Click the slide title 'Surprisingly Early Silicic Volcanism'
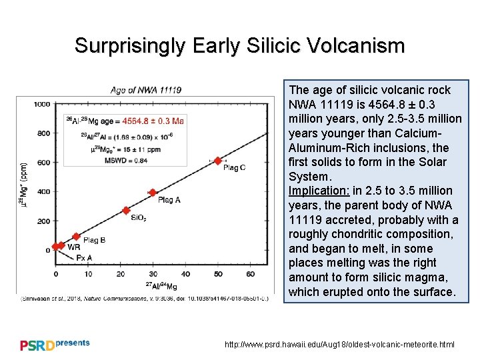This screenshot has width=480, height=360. pos(239,45)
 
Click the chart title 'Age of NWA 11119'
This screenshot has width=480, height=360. pos(145,90)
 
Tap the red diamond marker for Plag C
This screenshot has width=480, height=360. pos(218,161)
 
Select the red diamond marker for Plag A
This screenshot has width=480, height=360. pos(153,193)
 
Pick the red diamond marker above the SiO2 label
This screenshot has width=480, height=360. pos(126,210)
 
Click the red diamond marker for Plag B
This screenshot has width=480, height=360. pos(76,237)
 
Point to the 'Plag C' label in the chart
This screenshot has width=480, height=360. pos(234,168)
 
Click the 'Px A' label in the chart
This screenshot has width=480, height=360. pos(84,257)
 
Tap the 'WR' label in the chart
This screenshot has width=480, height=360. pos(74,247)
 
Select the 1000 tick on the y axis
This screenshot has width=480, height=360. pos(42,104)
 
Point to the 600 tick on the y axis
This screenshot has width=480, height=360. pos(44,162)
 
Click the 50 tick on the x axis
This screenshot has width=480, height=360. pos(218,274)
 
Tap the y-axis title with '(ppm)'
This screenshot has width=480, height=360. pos(25,183)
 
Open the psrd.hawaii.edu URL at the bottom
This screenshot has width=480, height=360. pos(339,345)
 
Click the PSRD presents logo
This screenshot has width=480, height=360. pos(55,344)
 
